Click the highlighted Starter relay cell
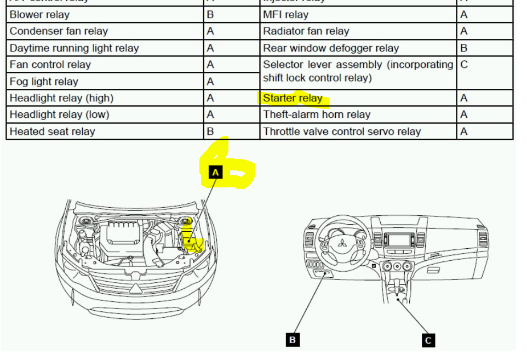click(x=293, y=99)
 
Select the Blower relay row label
click(x=39, y=14)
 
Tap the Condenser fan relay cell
click(x=59, y=31)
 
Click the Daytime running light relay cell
click(x=74, y=48)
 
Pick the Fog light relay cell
click(x=44, y=82)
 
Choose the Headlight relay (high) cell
click(x=61, y=98)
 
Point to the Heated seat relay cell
click(x=52, y=132)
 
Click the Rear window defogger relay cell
click(x=331, y=48)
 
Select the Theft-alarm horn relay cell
click(x=317, y=115)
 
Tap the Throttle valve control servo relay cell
click(x=342, y=132)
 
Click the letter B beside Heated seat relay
click(x=210, y=132)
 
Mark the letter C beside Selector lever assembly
click(x=464, y=65)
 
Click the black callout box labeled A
click(x=215, y=173)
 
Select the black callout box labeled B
click(x=293, y=340)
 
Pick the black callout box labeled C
click(x=428, y=340)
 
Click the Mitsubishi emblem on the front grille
click(x=135, y=288)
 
